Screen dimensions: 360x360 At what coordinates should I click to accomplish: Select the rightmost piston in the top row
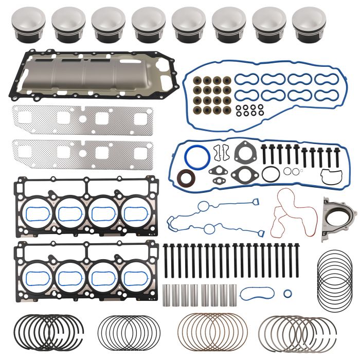click(309, 24)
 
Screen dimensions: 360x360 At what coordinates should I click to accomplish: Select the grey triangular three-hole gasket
click(243, 153)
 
